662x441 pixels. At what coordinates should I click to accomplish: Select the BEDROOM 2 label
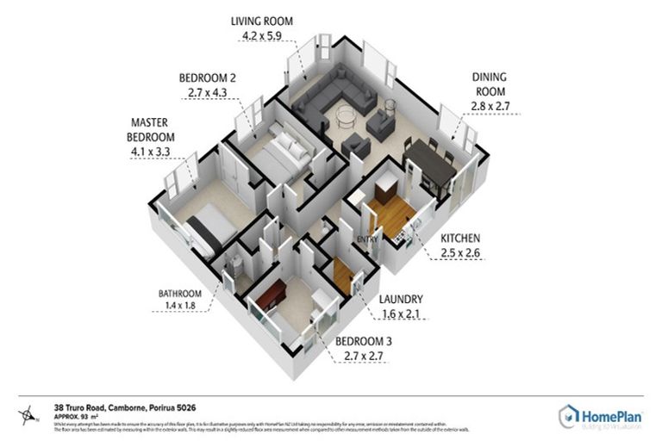208,78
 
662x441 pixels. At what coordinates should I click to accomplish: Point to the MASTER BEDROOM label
153,130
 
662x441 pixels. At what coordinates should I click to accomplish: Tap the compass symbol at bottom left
31,413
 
